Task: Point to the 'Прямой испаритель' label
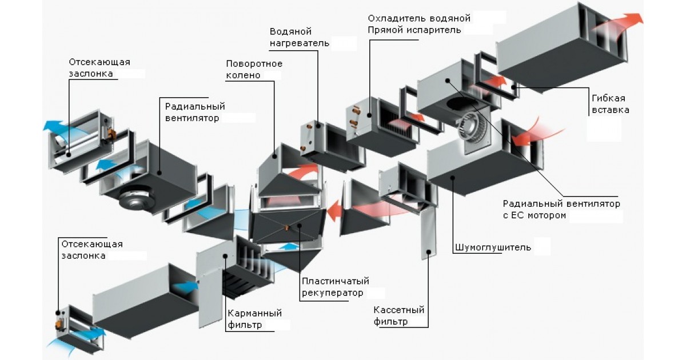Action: (414, 30)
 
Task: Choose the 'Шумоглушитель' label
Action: (493, 247)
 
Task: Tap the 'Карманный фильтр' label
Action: (254, 319)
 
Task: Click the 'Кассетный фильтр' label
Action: (399, 315)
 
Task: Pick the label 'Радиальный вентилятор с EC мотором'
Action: (561, 209)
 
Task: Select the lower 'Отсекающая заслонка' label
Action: (91, 250)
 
